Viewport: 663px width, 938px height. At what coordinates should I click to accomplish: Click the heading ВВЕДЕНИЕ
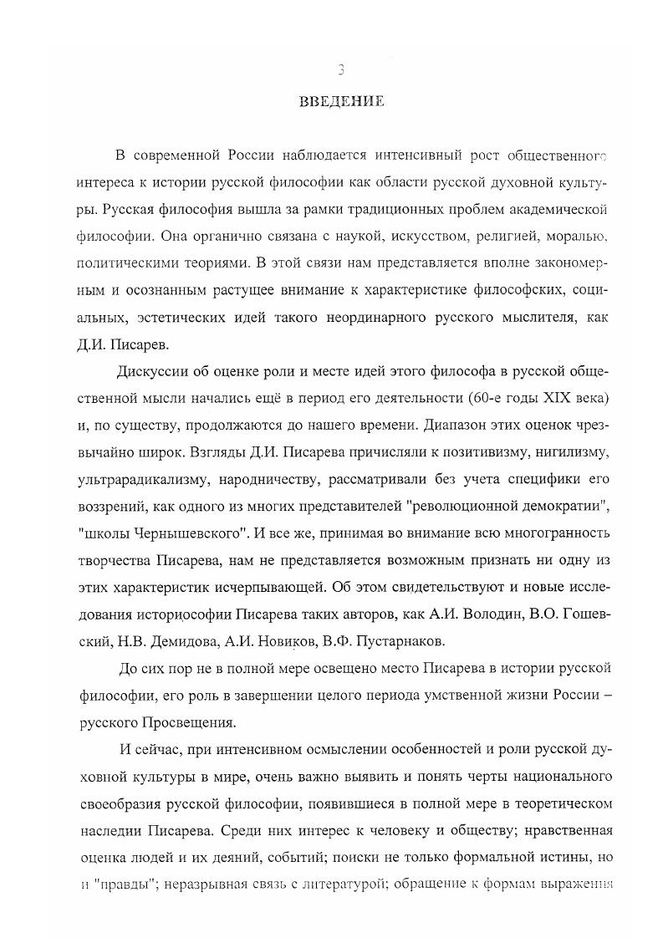[x=341, y=102]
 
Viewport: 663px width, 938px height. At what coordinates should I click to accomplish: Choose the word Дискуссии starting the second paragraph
[x=158, y=370]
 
